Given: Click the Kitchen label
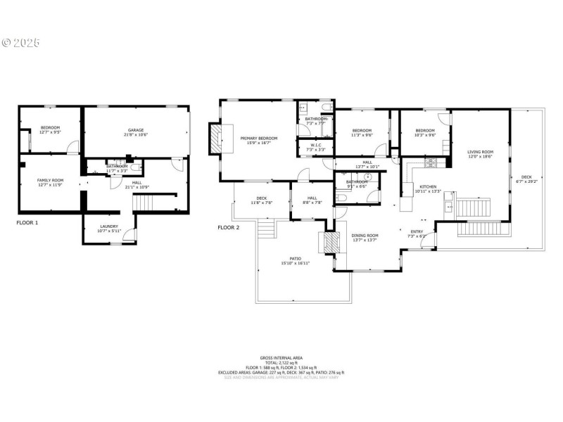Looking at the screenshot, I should [x=428, y=188].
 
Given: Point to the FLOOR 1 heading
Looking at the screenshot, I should [x=27, y=222].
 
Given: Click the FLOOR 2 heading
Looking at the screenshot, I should [x=228, y=227].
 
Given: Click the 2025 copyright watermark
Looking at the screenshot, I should [x=20, y=43].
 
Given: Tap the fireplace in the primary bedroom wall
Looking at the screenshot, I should [x=214, y=139].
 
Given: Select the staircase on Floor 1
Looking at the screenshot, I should [x=143, y=203].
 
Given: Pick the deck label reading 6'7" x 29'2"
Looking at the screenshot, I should [x=527, y=179].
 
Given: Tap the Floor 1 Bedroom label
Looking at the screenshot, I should [x=50, y=129].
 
